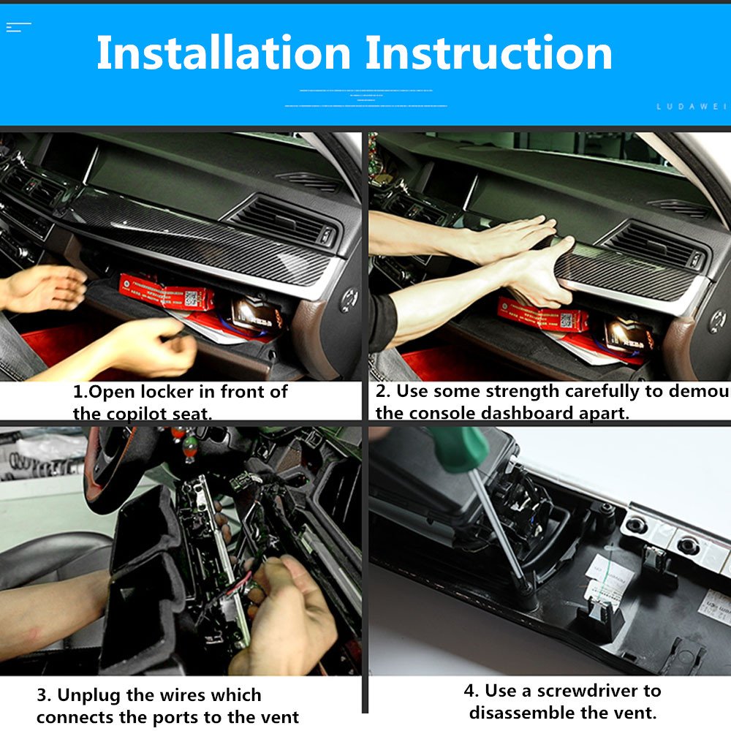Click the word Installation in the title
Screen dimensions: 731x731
(x=223, y=53)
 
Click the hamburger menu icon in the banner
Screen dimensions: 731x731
(x=18, y=27)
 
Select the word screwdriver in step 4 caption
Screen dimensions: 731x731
(x=599, y=691)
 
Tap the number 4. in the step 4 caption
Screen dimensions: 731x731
(x=471, y=691)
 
